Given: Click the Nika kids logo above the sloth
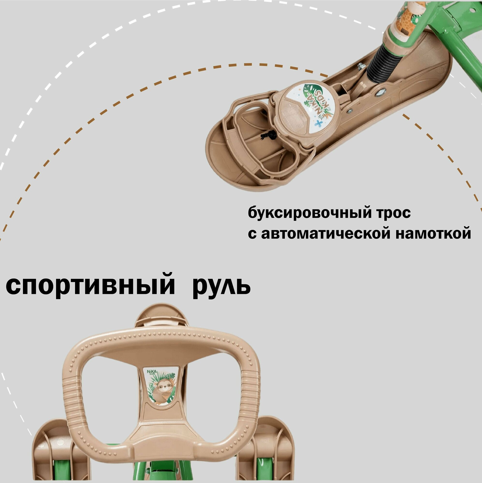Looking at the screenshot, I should coord(151,373).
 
